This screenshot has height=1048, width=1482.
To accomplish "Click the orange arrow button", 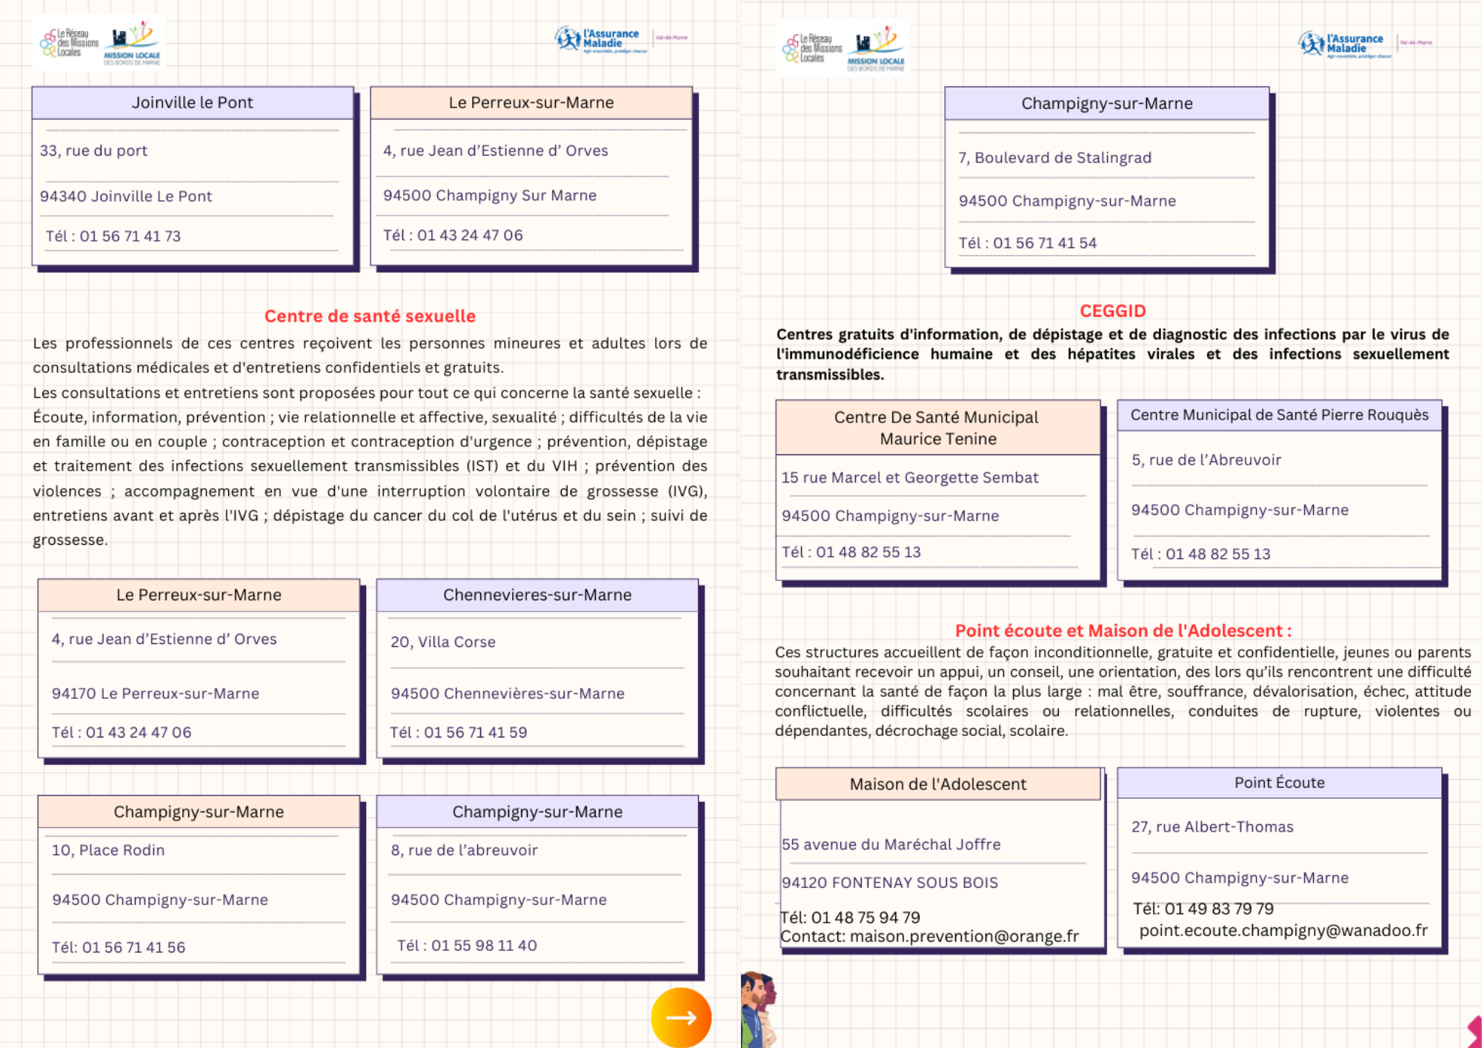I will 681,1017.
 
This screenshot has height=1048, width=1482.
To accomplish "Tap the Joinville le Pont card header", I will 193,103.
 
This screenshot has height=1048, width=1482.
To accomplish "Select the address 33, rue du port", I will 94,151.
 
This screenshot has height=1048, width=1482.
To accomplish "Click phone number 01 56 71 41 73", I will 130,236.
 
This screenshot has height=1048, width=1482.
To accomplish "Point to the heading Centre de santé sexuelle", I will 370,316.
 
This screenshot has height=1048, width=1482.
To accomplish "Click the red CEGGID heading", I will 1112,311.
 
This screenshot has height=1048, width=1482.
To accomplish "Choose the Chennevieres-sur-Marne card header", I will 537,595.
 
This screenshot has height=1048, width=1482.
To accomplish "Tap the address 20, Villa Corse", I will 443,642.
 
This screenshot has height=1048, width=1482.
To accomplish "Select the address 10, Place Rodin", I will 108,850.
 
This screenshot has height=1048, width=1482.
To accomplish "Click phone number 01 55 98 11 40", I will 484,946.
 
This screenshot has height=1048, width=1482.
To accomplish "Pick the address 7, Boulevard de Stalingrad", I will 1054,158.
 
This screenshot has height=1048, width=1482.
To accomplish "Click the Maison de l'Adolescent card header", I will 937,784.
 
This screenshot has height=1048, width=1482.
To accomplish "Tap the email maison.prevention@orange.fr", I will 964,937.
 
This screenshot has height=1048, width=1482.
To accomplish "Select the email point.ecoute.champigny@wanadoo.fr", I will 1283,931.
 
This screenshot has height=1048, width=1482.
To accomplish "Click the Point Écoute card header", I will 1279,783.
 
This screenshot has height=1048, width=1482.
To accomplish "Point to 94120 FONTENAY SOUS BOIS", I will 890,883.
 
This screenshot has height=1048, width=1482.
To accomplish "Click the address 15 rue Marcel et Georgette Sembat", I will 910,478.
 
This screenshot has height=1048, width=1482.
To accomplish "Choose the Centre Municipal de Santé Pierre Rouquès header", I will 1279,415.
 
